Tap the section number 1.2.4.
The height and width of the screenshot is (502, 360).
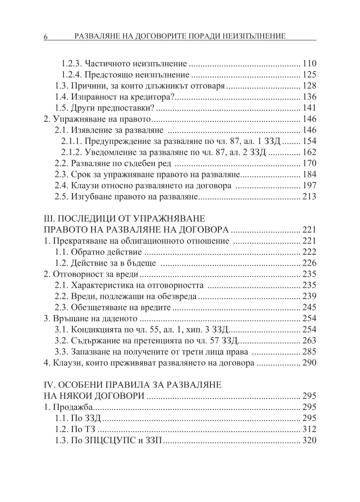[x=72, y=75]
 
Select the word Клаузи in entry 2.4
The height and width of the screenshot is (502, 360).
[x=84, y=184]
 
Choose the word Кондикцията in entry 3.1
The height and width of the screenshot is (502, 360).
[x=95, y=329]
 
